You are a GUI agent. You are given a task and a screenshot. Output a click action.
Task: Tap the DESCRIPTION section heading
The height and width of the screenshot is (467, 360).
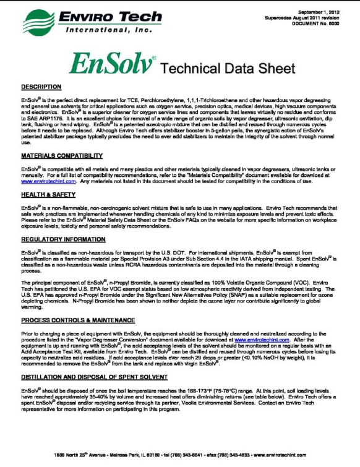coord(41,87)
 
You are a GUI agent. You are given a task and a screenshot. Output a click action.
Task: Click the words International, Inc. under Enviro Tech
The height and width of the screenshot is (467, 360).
coord(97,29)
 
